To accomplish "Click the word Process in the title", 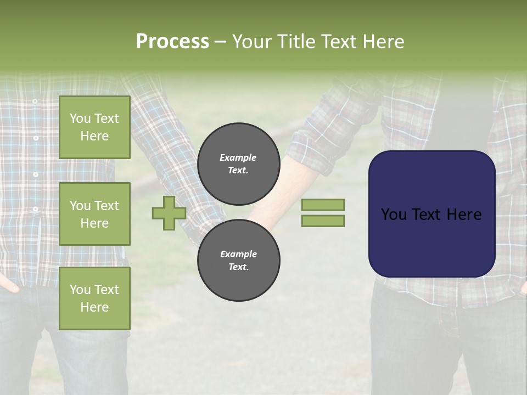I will (x=172, y=42).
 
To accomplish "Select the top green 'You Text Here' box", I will (x=94, y=127).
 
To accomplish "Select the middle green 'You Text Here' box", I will (x=94, y=214).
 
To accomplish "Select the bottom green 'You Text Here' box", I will (x=94, y=298).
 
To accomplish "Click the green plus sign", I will (x=169, y=213).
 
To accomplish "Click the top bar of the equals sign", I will (x=323, y=205).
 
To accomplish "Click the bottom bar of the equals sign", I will (x=323, y=221).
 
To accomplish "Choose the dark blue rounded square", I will (x=431, y=241).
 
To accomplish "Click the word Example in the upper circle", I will (x=238, y=157).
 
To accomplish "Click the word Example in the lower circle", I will (x=238, y=254).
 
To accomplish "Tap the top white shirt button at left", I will (x=35, y=101).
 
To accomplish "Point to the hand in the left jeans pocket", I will (x=8, y=285).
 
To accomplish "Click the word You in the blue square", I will (x=394, y=215).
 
